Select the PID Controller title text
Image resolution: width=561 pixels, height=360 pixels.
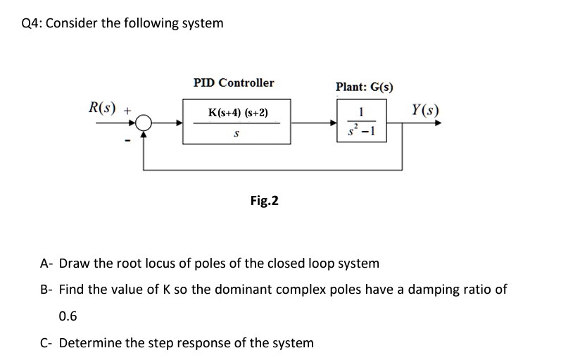click(234, 82)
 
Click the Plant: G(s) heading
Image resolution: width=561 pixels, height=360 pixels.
click(364, 87)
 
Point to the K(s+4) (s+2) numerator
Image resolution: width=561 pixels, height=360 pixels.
click(237, 113)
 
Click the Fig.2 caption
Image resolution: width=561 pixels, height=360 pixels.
click(264, 201)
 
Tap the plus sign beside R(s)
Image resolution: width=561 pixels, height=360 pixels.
click(127, 111)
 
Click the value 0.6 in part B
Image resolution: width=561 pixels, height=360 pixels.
click(68, 316)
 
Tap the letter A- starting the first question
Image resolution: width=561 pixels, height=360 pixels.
click(46, 263)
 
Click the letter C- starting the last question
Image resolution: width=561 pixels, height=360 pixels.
click(46, 343)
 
